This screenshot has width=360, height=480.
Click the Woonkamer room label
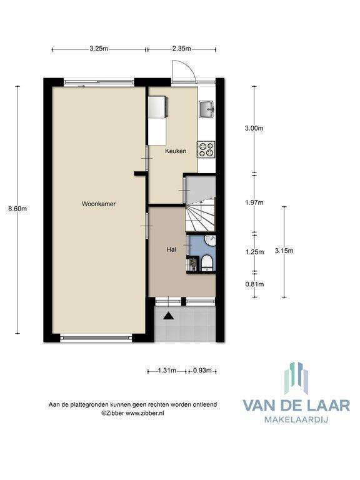99,204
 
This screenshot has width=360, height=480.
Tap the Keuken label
176,151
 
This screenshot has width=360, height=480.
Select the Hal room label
171,249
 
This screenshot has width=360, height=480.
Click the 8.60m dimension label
17,209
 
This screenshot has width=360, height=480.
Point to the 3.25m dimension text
99,48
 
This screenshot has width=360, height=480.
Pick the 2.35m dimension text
181,48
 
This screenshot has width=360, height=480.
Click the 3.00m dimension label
254,128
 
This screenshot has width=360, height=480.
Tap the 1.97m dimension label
254,202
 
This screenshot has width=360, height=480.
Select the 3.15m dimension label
284,251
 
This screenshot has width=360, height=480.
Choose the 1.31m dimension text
167,371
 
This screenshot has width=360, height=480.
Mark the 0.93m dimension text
202,371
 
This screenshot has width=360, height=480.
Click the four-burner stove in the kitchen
206,150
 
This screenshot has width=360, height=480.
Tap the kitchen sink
207,109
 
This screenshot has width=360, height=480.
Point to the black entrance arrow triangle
168,316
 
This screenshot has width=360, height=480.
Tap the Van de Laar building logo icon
296,379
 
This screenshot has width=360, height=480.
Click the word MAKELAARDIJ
296,419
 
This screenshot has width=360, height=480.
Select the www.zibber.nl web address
145,412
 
